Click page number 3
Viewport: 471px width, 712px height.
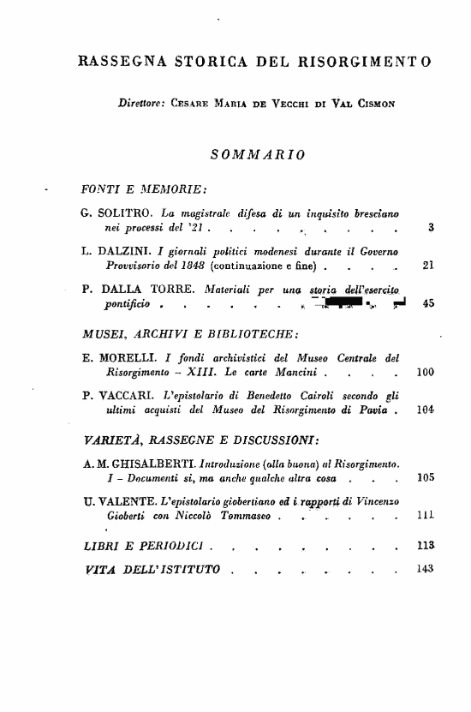429,228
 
